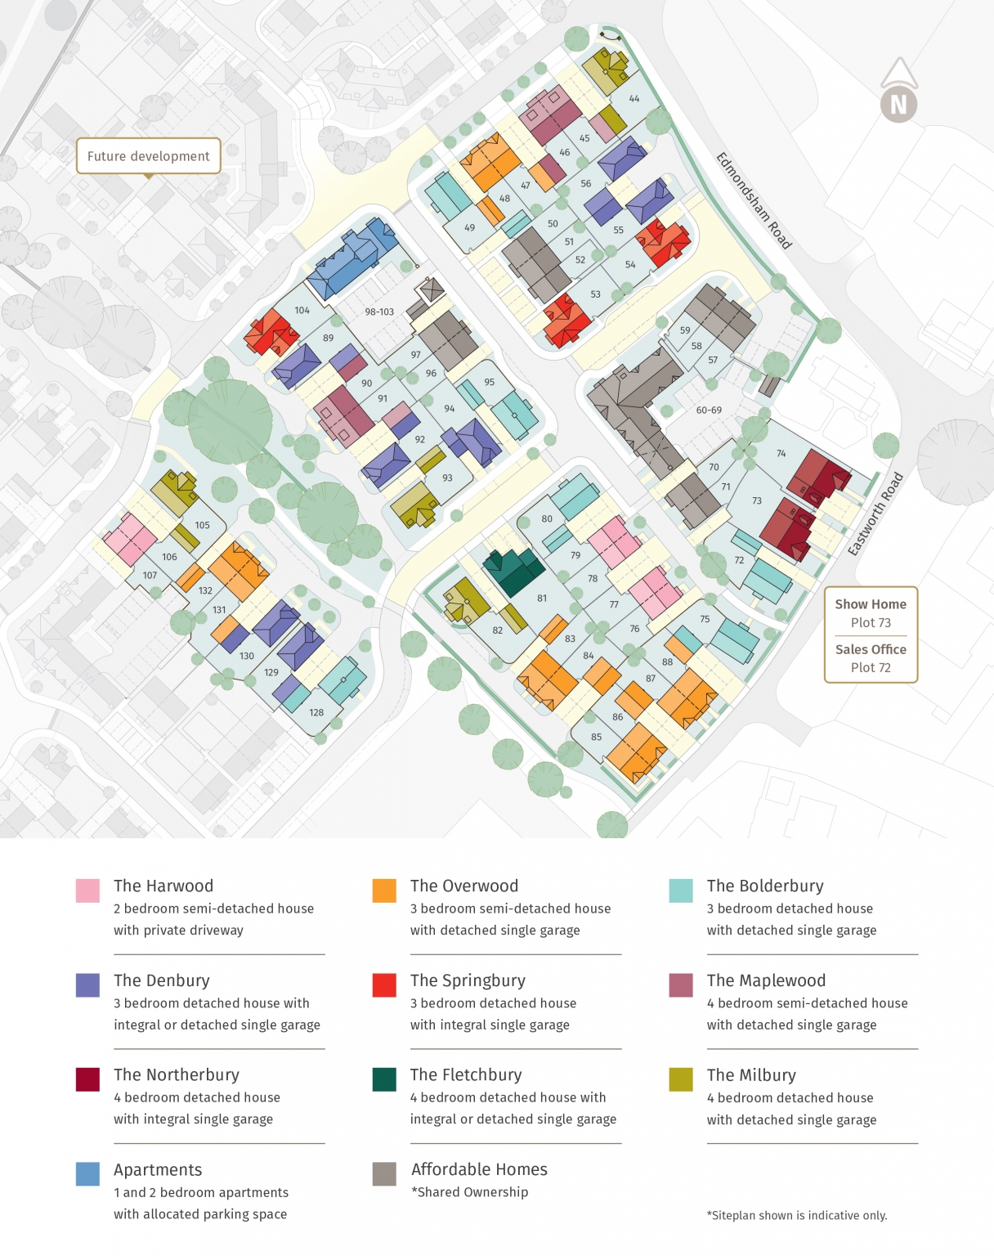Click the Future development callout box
tap(148, 155)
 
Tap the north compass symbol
tap(898, 104)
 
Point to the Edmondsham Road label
tap(754, 200)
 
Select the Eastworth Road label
tap(875, 514)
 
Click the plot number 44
tap(634, 99)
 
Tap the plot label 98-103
tap(379, 312)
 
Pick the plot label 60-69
tap(709, 410)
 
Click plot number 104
tap(302, 310)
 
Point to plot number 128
tap(316, 712)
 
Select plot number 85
tap(596, 737)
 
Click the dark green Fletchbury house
tap(513, 569)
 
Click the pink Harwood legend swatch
tap(87, 890)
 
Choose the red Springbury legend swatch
tap(384, 985)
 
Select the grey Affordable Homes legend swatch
tap(384, 1173)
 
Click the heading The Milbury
tap(750, 1074)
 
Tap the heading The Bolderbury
tap(764, 886)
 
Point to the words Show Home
tap(870, 604)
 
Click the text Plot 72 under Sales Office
tap(870, 667)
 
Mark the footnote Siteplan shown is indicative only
tap(796, 1215)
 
